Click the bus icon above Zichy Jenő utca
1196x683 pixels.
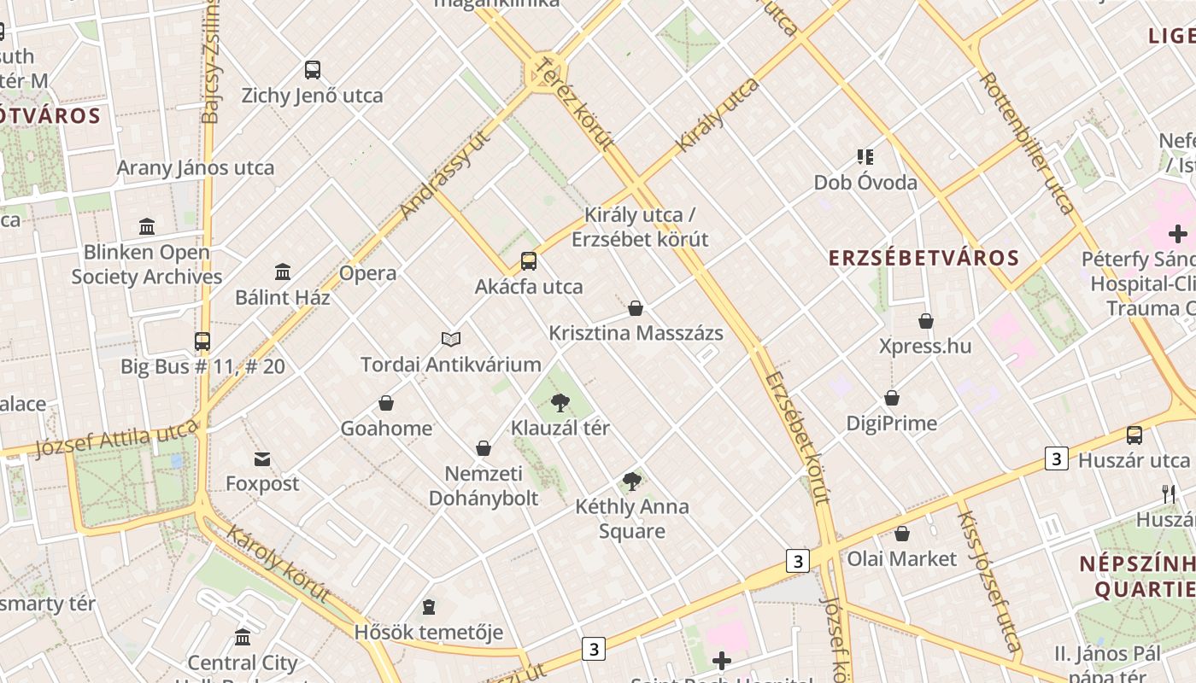313,70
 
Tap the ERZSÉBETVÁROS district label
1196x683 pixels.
924,258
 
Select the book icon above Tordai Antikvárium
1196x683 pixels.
451,339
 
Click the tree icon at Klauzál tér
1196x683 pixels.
560,402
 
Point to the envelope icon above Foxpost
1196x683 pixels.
262,459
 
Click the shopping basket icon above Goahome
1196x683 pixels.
386,403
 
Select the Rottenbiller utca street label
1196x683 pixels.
1027,142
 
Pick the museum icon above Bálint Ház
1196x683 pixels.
283,272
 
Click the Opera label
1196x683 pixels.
368,273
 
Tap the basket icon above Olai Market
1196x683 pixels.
902,534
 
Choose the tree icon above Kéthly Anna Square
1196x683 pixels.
632,482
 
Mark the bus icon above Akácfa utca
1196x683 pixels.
529,261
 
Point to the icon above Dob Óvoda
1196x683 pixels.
865,157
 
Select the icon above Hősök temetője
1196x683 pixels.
429,607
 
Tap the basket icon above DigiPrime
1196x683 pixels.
892,398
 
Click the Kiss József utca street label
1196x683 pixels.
988,581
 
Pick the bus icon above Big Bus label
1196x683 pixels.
202,341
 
